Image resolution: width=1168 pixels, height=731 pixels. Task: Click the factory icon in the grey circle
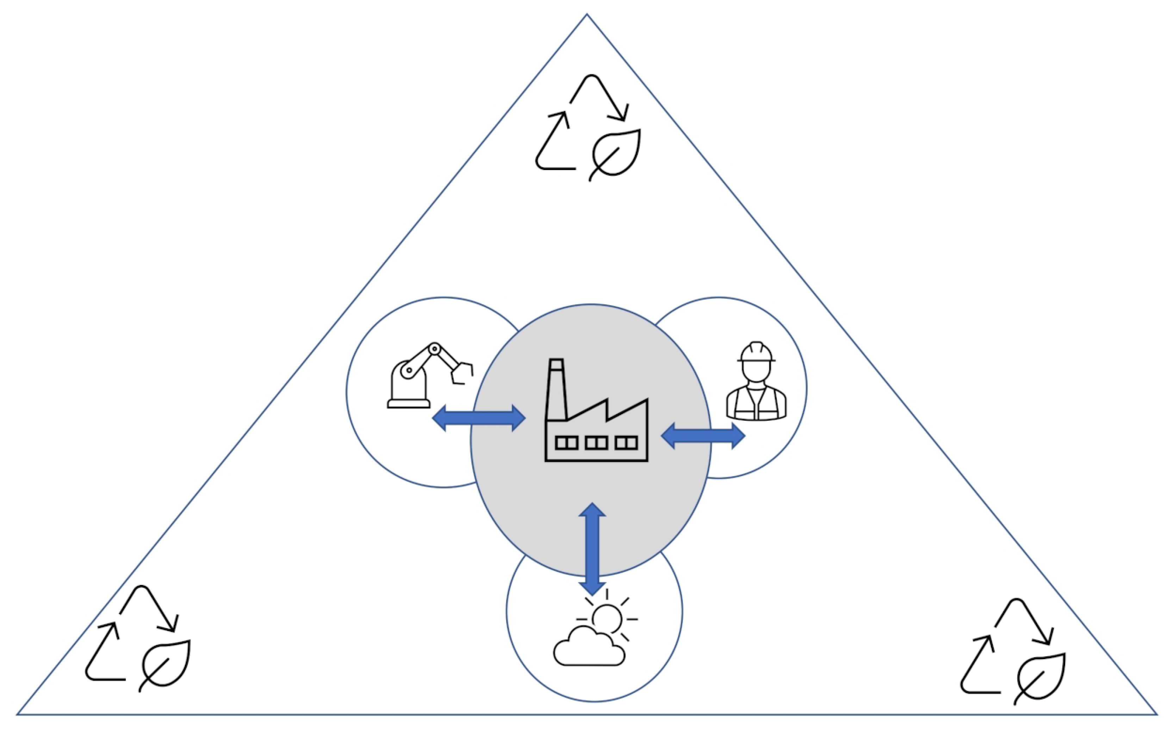[x=596, y=411]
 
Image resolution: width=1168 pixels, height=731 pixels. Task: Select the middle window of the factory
[x=596, y=442]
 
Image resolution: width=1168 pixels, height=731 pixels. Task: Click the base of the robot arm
[x=409, y=403]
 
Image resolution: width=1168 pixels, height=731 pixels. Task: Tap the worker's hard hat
[x=756, y=352]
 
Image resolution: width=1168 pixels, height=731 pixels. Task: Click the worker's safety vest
[x=756, y=404]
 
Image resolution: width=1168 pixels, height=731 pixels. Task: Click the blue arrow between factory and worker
[x=703, y=436]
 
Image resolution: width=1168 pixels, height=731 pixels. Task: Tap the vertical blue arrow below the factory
[x=592, y=549]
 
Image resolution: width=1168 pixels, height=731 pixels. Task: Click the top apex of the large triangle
[x=587, y=15]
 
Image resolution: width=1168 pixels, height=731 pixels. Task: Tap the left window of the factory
[x=566, y=442]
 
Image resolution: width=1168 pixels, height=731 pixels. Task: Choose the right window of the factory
[x=626, y=442]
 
